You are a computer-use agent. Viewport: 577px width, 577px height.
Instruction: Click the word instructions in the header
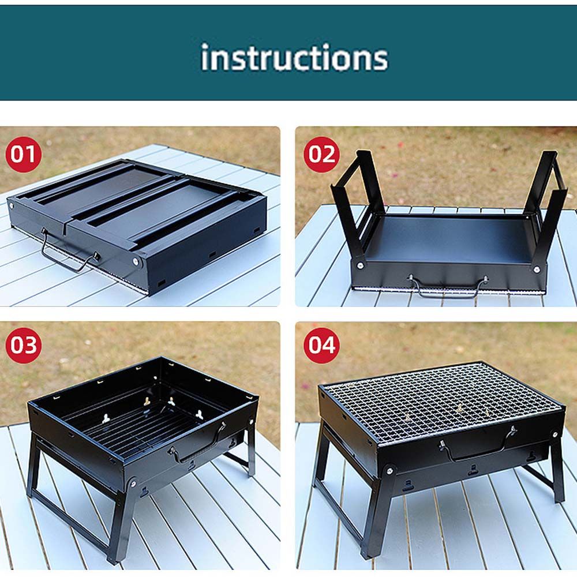tap(294, 57)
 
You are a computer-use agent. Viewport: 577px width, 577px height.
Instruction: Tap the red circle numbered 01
tap(23, 154)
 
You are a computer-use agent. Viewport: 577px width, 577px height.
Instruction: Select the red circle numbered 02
tap(321, 154)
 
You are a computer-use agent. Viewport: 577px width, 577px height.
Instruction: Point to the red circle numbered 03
tap(23, 345)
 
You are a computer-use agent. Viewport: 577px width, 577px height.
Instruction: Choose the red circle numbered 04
tap(321, 345)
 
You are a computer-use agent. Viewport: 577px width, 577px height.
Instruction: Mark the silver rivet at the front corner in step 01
tap(136, 261)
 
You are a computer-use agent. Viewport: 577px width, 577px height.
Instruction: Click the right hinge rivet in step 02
tap(537, 269)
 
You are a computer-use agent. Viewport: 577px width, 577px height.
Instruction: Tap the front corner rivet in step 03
tap(133, 482)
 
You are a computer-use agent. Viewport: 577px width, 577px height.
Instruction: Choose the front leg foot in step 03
tap(112, 559)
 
